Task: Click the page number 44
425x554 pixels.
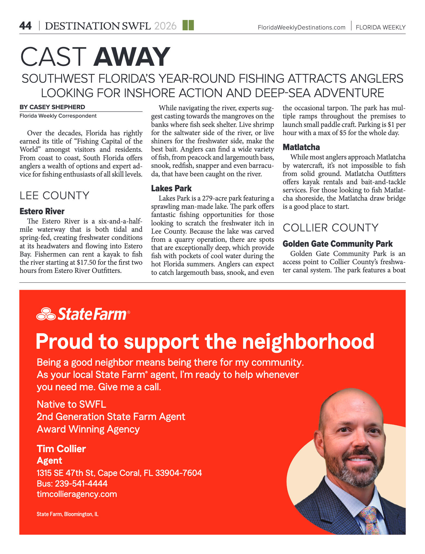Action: click(25, 26)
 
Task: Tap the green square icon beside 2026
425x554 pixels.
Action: click(188, 25)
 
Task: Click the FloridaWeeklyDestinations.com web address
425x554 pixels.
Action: click(301, 28)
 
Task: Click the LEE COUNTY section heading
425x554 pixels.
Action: click(55, 196)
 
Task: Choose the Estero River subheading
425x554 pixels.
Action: click(42, 211)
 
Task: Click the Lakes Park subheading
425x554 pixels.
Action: click(171, 188)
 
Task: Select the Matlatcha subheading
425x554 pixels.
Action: click(301, 147)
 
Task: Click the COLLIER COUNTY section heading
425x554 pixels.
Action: click(331, 228)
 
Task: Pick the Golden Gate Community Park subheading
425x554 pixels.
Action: click(337, 244)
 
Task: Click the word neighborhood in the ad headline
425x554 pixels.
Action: click(308, 342)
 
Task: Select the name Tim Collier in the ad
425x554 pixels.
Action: click(61, 449)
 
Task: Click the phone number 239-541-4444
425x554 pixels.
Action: click(81, 484)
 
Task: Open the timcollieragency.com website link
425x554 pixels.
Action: click(77, 494)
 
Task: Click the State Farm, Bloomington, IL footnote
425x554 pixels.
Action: click(68, 514)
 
